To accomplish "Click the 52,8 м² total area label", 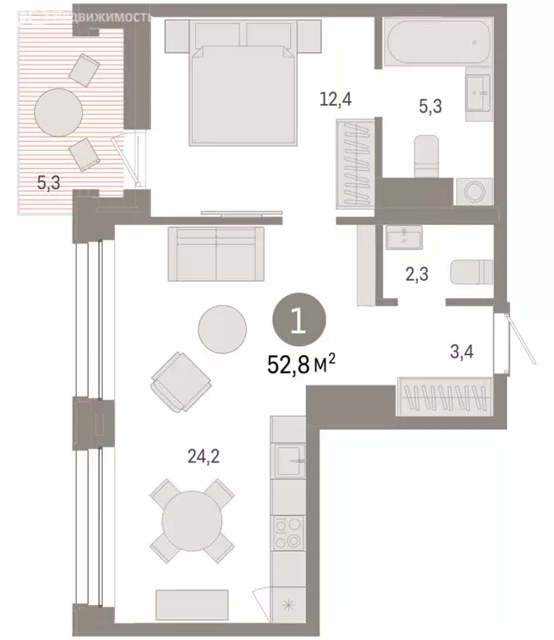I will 302,364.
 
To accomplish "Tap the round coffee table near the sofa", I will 222,327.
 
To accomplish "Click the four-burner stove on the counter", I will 290,533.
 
